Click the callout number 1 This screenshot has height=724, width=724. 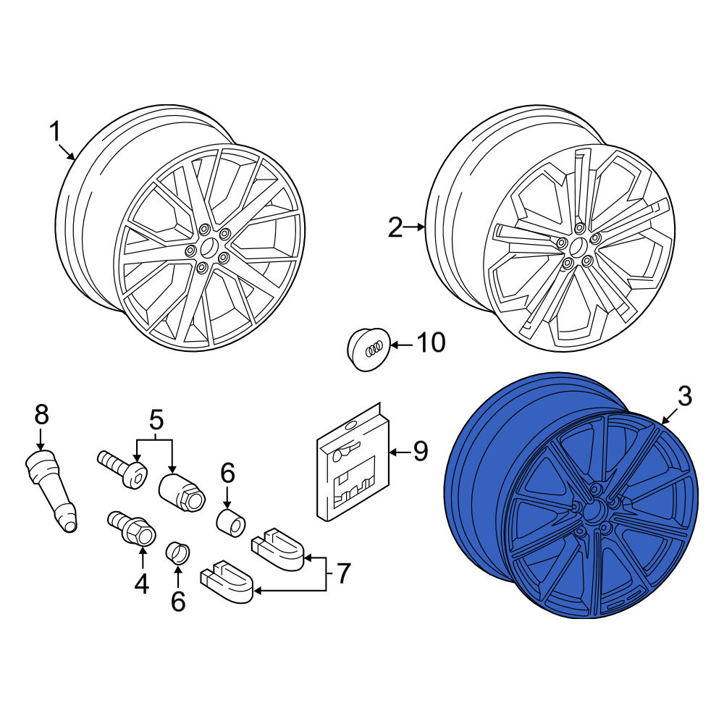point(55,132)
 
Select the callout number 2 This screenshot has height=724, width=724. point(395,228)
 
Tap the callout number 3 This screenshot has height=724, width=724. point(685,397)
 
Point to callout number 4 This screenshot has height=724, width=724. point(142,584)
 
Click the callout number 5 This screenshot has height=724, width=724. point(156,420)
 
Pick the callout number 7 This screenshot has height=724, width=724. point(342,573)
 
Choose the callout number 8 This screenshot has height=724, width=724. point(41,414)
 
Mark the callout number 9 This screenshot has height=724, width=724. point(420,451)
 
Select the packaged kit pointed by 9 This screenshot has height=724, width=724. point(353,462)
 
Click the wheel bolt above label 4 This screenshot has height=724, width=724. point(132,529)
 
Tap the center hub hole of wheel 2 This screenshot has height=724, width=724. point(577,248)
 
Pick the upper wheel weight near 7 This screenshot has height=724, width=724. point(277,550)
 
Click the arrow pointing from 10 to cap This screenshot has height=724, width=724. point(402,345)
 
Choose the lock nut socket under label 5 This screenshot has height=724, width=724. point(182,492)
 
